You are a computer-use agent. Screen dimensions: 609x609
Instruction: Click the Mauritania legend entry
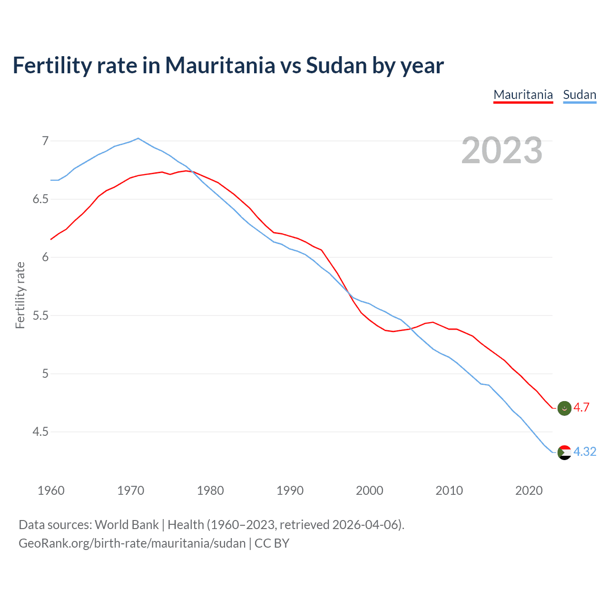[523, 95]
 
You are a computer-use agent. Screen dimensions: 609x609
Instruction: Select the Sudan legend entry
[580, 95]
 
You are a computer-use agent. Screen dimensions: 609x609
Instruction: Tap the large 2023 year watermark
[502, 150]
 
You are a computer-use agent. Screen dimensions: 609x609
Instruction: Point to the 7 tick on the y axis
[45, 141]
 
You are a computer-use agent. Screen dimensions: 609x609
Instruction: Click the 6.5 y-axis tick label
[41, 199]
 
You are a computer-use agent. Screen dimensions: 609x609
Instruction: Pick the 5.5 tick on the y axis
[41, 315]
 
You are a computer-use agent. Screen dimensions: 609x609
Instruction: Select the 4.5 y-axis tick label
[41, 432]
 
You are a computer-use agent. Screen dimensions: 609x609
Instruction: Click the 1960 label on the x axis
[51, 491]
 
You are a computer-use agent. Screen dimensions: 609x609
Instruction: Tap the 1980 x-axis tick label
[210, 491]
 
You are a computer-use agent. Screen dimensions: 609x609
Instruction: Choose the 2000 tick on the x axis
[370, 491]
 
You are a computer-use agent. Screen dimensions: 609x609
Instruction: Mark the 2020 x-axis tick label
[529, 491]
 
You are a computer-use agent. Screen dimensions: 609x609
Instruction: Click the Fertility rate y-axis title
[20, 295]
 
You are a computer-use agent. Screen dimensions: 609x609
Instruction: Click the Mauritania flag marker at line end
[564, 408]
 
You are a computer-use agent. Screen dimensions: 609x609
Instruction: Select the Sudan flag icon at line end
[564, 452]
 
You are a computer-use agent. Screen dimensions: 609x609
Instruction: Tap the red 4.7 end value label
[581, 408]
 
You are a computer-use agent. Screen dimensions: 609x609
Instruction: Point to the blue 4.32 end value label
[585, 452]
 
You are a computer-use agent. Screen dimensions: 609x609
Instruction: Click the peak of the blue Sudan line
[138, 138]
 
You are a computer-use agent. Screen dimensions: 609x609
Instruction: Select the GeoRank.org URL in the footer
[132, 543]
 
